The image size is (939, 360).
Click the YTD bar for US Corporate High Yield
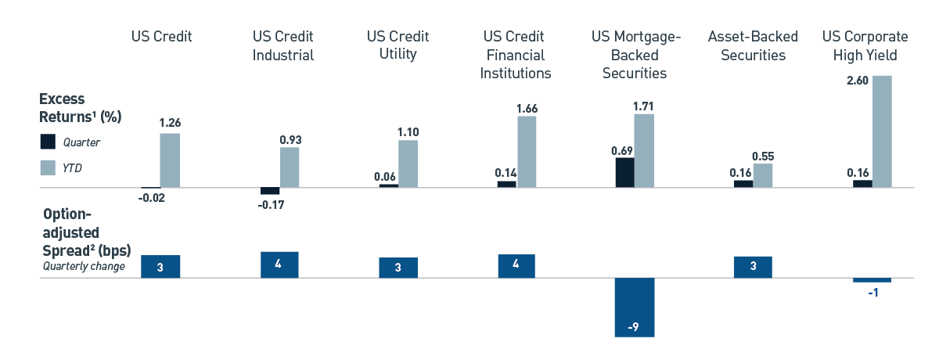click(x=883, y=131)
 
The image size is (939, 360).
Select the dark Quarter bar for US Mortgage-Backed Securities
click(x=624, y=172)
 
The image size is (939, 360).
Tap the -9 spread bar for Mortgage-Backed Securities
click(x=635, y=307)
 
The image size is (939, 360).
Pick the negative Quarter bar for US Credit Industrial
click(x=270, y=191)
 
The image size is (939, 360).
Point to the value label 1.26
click(x=170, y=123)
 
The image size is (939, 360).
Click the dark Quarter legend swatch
click(x=49, y=142)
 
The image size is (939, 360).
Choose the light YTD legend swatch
click(x=49, y=167)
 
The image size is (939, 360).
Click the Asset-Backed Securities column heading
click(x=753, y=46)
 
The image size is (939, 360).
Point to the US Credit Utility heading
click(x=398, y=46)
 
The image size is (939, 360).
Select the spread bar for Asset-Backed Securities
click(x=753, y=267)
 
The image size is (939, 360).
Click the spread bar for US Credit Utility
click(x=398, y=268)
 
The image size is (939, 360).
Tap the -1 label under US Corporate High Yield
click(x=872, y=293)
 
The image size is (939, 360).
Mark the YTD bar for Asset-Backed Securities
click(x=763, y=175)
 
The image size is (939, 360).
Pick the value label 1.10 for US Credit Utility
click(x=408, y=132)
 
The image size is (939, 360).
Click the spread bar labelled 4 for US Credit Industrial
click(x=279, y=265)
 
